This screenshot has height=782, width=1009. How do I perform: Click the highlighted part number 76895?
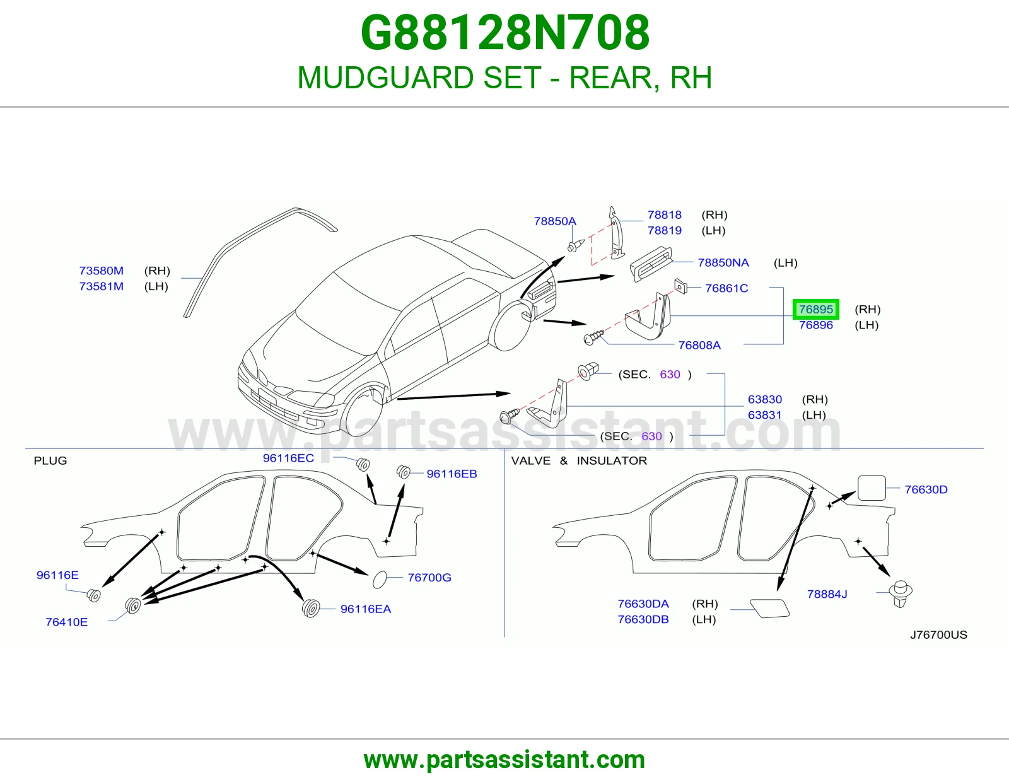[816, 309]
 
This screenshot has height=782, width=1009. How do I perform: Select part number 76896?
[816, 325]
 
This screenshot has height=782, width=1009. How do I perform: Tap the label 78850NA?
[723, 263]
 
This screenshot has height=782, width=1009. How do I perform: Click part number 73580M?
[102, 271]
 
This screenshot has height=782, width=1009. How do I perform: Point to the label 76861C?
[726, 288]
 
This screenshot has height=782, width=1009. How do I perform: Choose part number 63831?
[765, 415]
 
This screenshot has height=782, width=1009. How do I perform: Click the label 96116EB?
[452, 474]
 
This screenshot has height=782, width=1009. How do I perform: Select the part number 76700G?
[429, 577]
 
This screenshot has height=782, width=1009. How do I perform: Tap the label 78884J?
[827, 594]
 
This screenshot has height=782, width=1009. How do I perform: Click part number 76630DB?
[643, 619]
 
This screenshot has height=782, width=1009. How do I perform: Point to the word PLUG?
[50, 460]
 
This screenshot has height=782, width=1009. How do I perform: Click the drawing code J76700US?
[938, 635]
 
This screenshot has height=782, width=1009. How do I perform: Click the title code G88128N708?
[504, 33]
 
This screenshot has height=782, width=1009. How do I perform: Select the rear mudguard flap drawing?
[648, 316]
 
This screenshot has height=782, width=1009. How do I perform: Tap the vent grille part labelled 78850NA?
[651, 264]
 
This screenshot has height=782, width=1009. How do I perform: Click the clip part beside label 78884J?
[901, 593]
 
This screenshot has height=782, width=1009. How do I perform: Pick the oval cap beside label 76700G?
[380, 580]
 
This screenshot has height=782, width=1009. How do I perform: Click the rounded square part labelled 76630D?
[872, 487]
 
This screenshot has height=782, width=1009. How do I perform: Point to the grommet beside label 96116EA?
[311, 609]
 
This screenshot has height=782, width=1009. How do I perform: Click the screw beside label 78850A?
[576, 246]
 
